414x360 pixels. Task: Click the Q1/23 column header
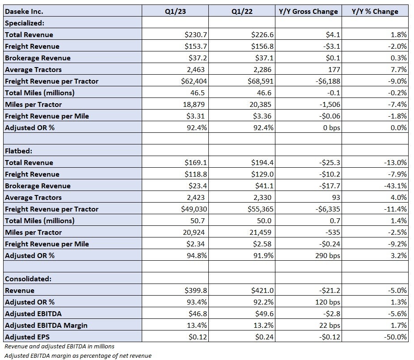(x=175, y=11)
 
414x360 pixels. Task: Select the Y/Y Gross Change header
(x=308, y=11)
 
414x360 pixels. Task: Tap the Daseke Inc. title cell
(x=24, y=11)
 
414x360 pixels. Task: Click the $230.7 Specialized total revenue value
(x=196, y=34)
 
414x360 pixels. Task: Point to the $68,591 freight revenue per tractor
(x=260, y=81)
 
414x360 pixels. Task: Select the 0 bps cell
(x=332, y=127)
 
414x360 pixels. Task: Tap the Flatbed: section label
(x=18, y=151)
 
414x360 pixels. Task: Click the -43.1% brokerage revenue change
(x=395, y=186)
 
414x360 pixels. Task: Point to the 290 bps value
(x=328, y=255)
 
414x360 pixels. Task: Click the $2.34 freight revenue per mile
(x=195, y=244)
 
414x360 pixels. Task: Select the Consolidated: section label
(x=28, y=279)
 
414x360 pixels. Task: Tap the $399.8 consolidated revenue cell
(x=196, y=290)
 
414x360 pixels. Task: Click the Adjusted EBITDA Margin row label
(x=46, y=325)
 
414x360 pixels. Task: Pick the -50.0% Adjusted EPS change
(x=395, y=337)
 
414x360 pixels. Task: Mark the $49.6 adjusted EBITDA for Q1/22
(x=264, y=313)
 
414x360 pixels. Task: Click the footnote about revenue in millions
(x=59, y=346)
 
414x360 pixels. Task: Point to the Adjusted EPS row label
(x=27, y=337)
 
